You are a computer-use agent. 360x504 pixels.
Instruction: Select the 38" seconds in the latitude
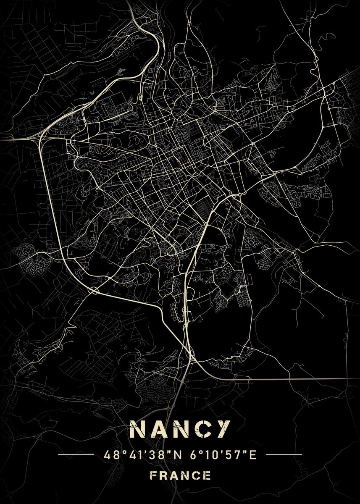pos(150,454)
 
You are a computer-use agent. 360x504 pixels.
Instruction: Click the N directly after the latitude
pos(165,454)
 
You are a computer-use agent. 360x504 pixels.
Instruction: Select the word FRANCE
pos(180,476)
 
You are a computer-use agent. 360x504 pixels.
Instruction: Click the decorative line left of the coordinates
pos(76,454)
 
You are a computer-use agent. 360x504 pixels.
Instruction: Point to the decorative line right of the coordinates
pos(284,454)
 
